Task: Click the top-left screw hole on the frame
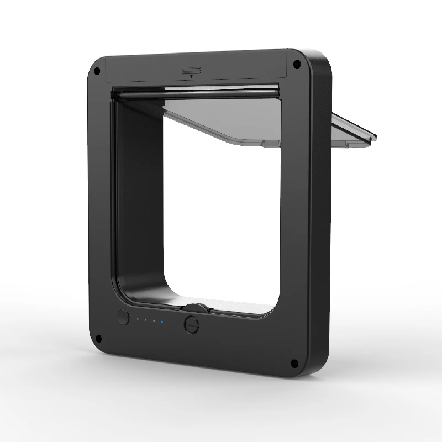pyautogui.click(x=97, y=71)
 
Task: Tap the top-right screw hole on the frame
pyautogui.click(x=297, y=64)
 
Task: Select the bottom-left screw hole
pyautogui.click(x=99, y=338)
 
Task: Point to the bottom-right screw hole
pyautogui.click(x=294, y=363)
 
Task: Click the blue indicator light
pyautogui.click(x=162, y=322)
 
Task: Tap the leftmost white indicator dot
pyautogui.click(x=138, y=319)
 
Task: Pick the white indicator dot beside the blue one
pyautogui.click(x=154, y=321)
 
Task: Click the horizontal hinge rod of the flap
pyautogui.click(x=193, y=93)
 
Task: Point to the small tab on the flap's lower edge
pyautogui.click(x=271, y=144)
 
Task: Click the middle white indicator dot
pyautogui.click(x=146, y=320)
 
